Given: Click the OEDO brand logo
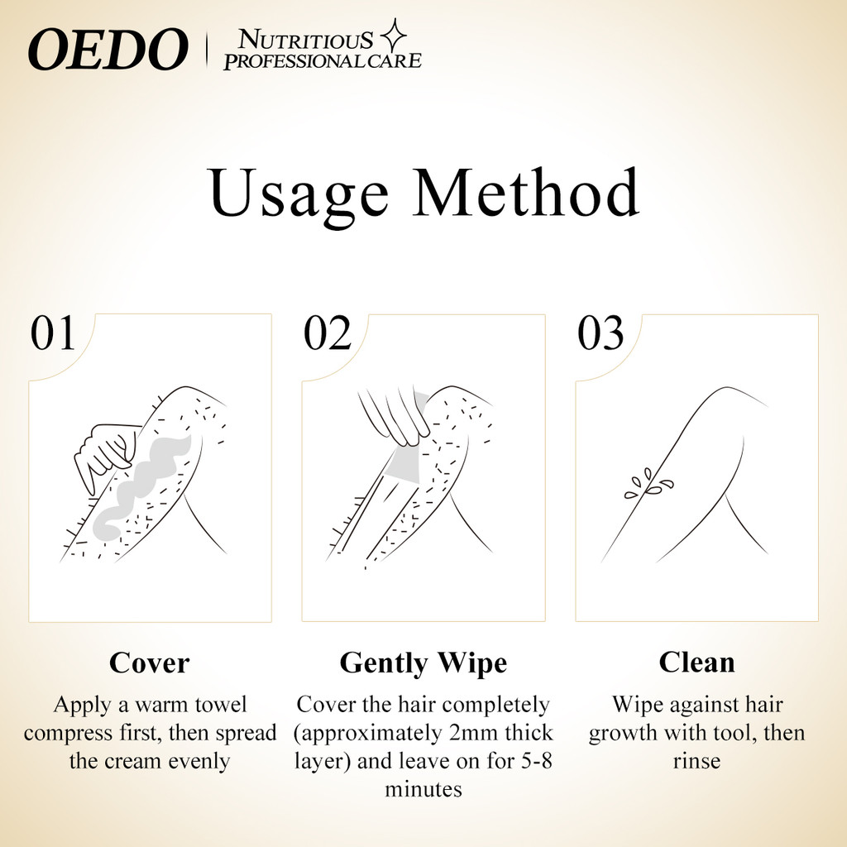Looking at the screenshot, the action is tap(108, 49).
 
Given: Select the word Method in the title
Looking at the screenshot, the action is tap(526, 192).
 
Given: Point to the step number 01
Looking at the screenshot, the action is tap(52, 333).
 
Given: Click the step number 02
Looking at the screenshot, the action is tap(328, 333).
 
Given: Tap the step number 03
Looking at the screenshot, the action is tap(601, 333).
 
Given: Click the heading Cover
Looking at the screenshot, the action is tap(149, 663).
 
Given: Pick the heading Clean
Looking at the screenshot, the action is tap(696, 663).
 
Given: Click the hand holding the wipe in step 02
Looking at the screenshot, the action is tap(395, 414).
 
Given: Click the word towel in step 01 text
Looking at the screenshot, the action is tap(220, 705).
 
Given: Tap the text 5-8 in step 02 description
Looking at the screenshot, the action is tap(537, 761).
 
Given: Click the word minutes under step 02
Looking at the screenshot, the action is tap(423, 789).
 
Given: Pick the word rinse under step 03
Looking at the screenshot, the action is tap(696, 761).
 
